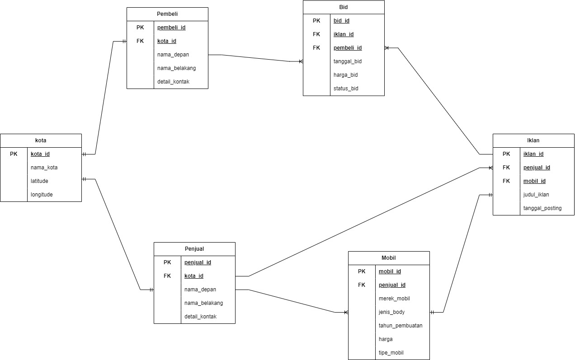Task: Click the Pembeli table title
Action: click(167, 14)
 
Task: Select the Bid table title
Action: click(344, 7)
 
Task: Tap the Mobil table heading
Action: click(389, 258)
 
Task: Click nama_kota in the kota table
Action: click(44, 168)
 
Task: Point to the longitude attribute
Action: click(42, 195)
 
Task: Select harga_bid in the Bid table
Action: click(346, 75)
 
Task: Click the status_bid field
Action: click(346, 89)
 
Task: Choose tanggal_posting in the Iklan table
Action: click(542, 208)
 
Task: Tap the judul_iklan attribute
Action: click(536, 195)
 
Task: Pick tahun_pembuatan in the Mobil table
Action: click(401, 326)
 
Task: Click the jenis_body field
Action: click(391, 312)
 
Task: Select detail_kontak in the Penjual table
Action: click(200, 317)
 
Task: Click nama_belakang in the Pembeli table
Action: click(176, 68)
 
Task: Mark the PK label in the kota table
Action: click(14, 154)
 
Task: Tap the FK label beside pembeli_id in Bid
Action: click(316, 48)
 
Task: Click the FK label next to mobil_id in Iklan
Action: click(506, 181)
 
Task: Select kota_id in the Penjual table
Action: click(193, 276)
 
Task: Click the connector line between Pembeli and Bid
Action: click(255, 58)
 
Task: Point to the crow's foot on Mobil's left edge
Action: click(345, 312)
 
